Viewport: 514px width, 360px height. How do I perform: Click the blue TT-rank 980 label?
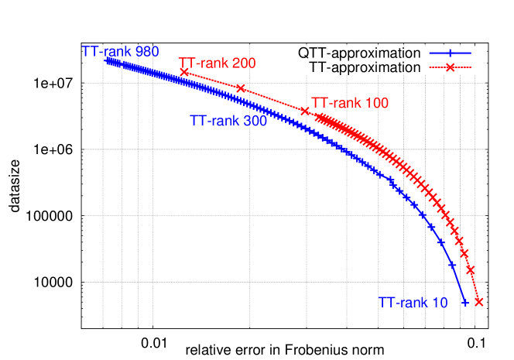[x=120, y=52]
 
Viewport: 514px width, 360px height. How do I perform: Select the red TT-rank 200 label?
[x=217, y=63]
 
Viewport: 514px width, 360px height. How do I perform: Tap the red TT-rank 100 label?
[x=349, y=102]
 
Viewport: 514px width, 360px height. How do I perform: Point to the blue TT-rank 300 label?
[x=228, y=121]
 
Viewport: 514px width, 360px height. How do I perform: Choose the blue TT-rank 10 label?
[x=413, y=303]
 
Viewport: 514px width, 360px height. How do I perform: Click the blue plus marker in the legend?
[x=450, y=53]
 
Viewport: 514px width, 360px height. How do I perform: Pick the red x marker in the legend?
[x=450, y=67]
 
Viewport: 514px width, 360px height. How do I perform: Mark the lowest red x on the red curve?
[x=478, y=301]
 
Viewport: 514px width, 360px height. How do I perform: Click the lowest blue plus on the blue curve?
[x=465, y=303]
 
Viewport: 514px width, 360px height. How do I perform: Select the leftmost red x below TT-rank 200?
[x=184, y=71]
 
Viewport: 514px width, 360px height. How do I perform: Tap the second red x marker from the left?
[x=241, y=88]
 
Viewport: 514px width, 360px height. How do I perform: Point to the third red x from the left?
[x=304, y=111]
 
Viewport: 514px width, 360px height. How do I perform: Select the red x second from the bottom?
[x=470, y=269]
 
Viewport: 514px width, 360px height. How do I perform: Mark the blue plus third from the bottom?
[x=440, y=242]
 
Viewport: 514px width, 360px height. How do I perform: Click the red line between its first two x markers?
[x=212, y=80]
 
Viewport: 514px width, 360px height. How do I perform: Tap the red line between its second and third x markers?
[x=272, y=100]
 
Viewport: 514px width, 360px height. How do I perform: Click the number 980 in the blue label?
[x=147, y=52]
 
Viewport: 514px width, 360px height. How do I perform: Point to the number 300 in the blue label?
[x=255, y=121]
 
